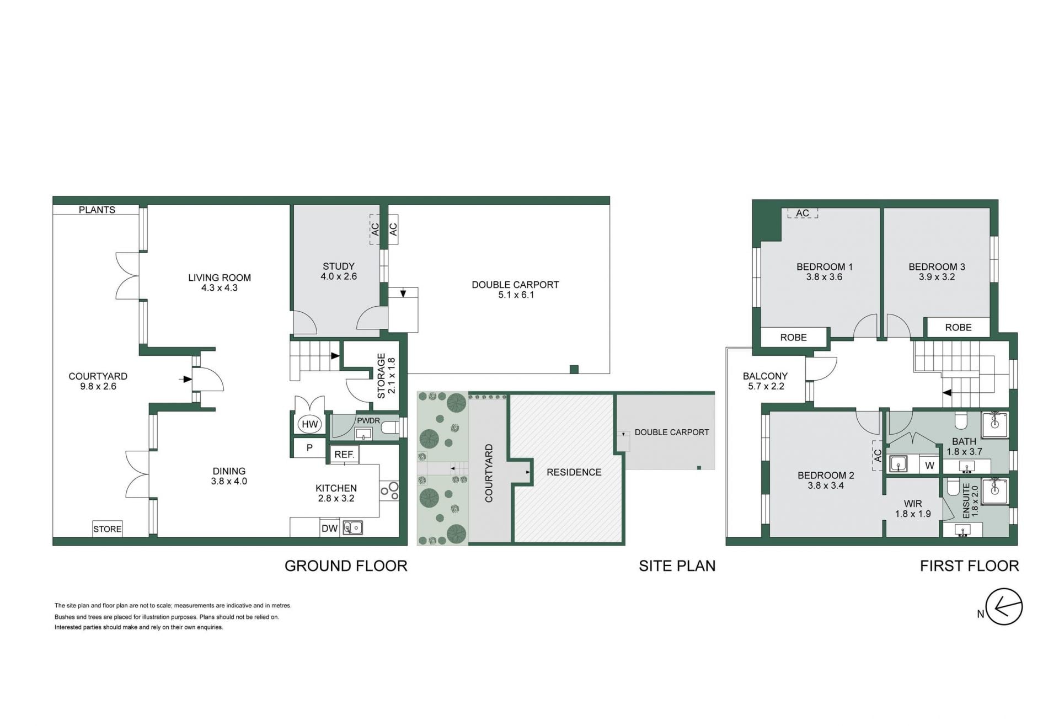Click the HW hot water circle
[x=309, y=424]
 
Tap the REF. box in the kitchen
[x=345, y=454]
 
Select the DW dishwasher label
[x=329, y=528]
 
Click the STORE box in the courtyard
[x=107, y=529]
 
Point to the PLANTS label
[x=97, y=210]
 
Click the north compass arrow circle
[x=1004, y=607]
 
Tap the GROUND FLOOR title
[x=346, y=565]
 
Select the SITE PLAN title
[x=677, y=565]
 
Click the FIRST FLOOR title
[x=969, y=565]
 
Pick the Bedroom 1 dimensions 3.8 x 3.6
[x=824, y=277]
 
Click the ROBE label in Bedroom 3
[x=958, y=327]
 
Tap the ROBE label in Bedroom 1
[x=793, y=337]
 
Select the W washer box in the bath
[x=929, y=465]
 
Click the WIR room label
[x=913, y=503]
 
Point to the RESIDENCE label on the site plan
[x=574, y=472]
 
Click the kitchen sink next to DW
[x=353, y=528]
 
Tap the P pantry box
[x=309, y=447]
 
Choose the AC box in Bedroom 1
[x=803, y=213]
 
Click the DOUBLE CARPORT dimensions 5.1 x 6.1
[x=516, y=295]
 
